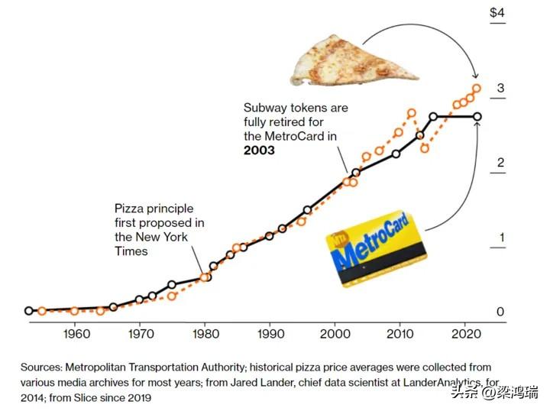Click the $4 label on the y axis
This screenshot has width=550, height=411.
497,13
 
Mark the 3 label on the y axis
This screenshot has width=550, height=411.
500,88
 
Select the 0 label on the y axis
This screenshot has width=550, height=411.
500,312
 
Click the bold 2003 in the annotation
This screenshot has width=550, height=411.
260,150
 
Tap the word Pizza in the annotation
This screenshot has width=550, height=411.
130,209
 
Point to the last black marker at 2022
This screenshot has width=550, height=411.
477,117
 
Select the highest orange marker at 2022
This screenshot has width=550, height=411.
477,89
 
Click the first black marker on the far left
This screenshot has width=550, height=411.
28,311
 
